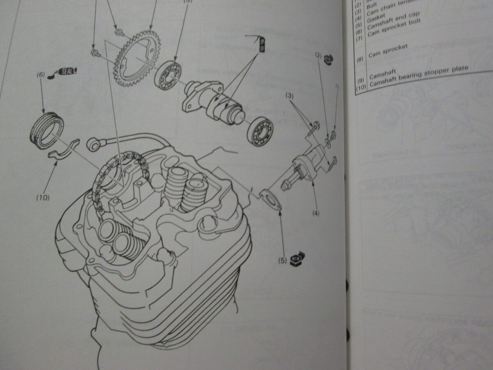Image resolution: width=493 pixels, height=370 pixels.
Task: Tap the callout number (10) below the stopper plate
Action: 42,197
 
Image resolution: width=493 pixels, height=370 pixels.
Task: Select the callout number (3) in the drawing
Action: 290,96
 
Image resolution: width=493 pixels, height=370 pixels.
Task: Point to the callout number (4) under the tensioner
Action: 316,213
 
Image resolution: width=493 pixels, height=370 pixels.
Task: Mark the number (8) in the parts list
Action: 360,59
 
